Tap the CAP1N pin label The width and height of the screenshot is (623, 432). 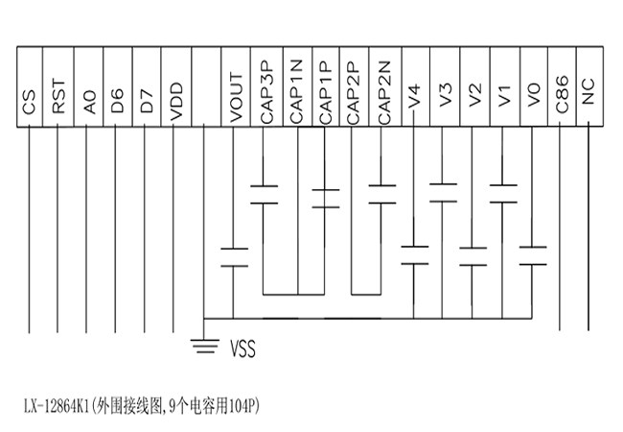click(295, 91)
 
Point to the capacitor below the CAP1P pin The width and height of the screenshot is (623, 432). click(326, 199)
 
